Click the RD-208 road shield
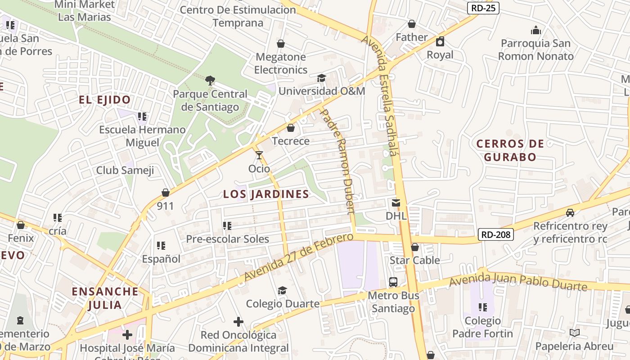[x=495, y=234]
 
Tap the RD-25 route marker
[x=483, y=8]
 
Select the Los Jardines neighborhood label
[x=266, y=194]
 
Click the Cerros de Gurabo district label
[x=510, y=150]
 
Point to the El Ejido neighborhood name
[x=105, y=100]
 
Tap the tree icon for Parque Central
[x=210, y=81]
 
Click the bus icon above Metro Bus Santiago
[x=393, y=282]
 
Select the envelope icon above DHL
[x=396, y=203]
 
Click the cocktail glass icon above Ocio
[x=259, y=155]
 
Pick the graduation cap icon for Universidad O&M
[x=321, y=78]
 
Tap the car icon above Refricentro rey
[x=570, y=212]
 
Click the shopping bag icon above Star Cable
[x=415, y=247]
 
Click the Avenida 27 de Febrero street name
[x=298, y=257]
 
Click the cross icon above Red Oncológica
[x=238, y=322]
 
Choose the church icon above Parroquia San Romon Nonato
[x=535, y=30]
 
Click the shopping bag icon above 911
[x=166, y=193]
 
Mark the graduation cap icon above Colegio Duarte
[x=282, y=290]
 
